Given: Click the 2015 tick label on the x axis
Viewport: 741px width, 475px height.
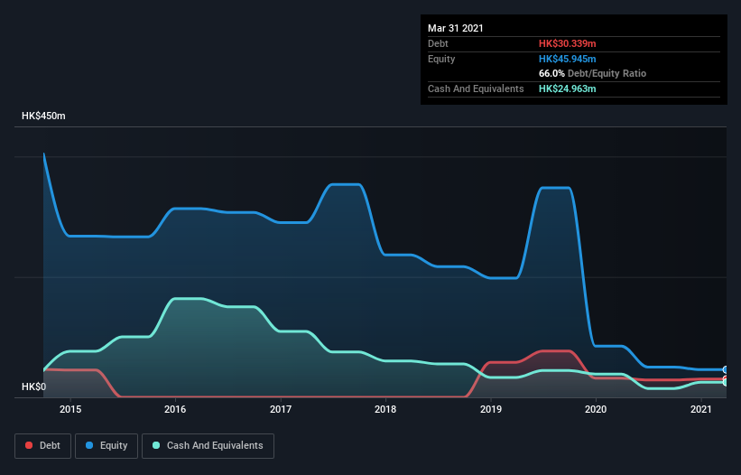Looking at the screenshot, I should point(70,409).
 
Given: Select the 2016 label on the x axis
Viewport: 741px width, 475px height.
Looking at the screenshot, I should point(175,409).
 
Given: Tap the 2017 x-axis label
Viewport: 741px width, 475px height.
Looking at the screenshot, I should point(281,409).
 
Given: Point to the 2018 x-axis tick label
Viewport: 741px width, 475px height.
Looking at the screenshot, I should point(385,409).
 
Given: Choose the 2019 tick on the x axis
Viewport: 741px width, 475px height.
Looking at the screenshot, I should point(491,409).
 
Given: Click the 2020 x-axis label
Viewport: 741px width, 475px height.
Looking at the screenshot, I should point(596,409).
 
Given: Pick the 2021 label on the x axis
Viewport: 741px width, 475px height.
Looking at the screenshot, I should point(701,409).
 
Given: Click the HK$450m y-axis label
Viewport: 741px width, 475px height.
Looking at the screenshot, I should point(43,116).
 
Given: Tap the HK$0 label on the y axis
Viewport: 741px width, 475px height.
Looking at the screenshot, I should point(33,387).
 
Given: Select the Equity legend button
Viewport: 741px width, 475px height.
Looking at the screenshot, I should point(107,445).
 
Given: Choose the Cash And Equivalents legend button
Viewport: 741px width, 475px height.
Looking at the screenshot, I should point(208,445).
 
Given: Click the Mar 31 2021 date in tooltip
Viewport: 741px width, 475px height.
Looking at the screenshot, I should point(456,28).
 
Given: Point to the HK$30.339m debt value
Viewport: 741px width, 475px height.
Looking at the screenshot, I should point(567,43).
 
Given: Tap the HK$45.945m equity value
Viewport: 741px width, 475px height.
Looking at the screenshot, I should point(567,59).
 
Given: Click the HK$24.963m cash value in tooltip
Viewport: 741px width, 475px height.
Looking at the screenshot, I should point(567,88).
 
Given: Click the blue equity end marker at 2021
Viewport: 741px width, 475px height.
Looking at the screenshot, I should point(725,369).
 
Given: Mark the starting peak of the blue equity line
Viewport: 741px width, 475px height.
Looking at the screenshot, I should point(44,154).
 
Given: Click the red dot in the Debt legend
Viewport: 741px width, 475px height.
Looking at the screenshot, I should point(29,445).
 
